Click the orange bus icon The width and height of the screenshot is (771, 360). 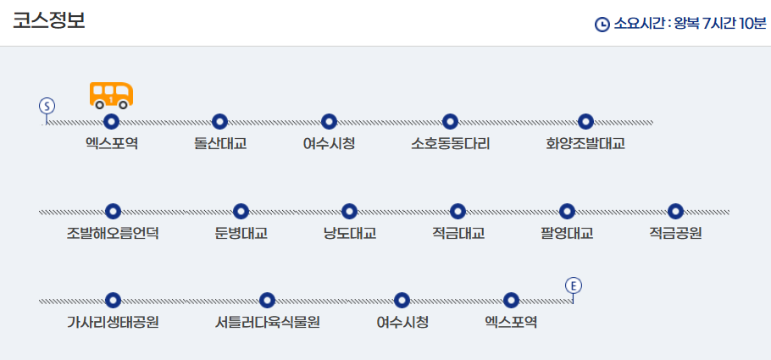pos(111,95)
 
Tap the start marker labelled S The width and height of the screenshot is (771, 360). pos(47,106)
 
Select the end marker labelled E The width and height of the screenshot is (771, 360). pos(574,285)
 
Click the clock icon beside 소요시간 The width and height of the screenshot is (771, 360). pos(602,25)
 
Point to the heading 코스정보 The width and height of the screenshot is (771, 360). pos(48,21)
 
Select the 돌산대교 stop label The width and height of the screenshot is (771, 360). pos(220,143)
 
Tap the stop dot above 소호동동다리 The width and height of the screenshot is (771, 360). pos(451,122)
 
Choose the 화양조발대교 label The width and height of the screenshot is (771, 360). pos(585,143)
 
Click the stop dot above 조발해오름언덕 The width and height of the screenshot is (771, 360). pos(113,211)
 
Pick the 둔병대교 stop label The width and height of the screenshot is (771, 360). pos(241,233)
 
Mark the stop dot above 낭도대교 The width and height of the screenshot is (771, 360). pos(349,211)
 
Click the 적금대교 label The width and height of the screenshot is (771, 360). pos(458,233)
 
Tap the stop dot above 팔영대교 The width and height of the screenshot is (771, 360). pos(567,211)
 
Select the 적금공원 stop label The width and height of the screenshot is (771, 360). pos(675,233)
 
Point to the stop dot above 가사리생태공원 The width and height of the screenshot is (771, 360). pos(113,300)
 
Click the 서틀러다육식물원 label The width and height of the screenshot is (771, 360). pos(267,322)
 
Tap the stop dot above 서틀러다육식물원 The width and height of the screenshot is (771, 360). pos(267,300)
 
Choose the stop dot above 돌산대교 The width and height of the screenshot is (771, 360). pos(220,122)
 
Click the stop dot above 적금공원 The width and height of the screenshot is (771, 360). pos(675,211)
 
